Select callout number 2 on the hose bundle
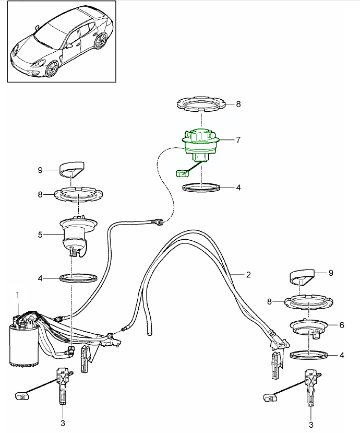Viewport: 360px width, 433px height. (249, 274)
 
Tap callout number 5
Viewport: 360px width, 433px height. (40, 235)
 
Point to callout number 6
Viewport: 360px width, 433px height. (342, 324)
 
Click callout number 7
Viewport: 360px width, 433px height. (238, 139)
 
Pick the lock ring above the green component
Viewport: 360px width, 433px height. (202, 104)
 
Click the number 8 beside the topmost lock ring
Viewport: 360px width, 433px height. (238, 104)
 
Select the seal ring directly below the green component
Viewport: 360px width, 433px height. (201, 187)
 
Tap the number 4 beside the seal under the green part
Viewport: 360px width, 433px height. (238, 187)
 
